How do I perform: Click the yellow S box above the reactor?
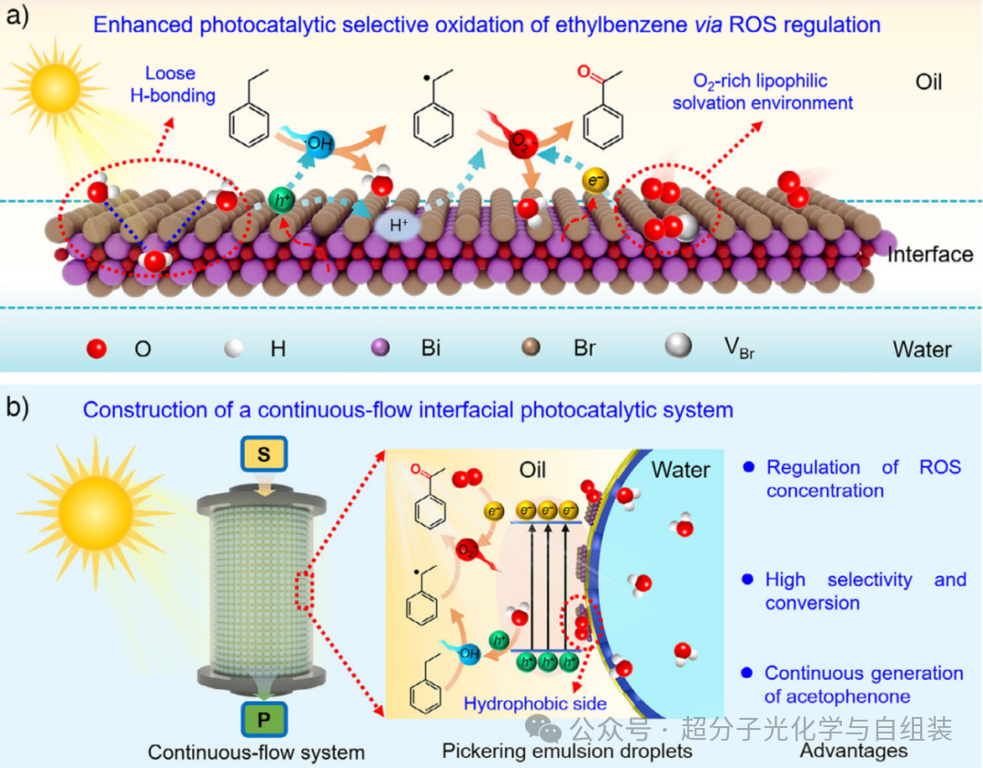[264, 454]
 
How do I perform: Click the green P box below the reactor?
[264, 719]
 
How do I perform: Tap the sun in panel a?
[56, 86]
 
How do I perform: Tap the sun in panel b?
[96, 513]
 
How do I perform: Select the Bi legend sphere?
[380, 348]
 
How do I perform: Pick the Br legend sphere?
[532, 347]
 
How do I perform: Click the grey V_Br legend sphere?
[678, 346]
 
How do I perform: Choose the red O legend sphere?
[96, 348]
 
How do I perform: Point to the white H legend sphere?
[234, 348]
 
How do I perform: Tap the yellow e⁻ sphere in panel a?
[595, 181]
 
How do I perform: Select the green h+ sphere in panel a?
[281, 200]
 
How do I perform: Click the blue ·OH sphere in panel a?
[319, 144]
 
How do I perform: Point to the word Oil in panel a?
[928, 82]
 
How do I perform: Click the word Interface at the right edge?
[930, 255]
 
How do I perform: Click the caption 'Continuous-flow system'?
[256, 753]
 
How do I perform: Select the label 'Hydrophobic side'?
[535, 703]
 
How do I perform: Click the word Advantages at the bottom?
[854, 751]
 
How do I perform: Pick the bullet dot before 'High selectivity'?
[747, 580]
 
